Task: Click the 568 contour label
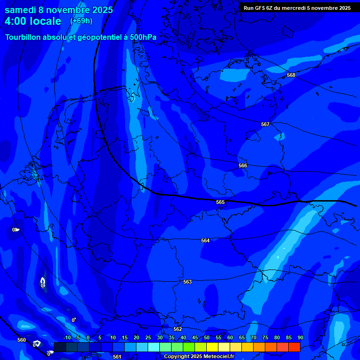291,75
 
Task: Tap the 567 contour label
265,124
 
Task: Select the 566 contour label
243,165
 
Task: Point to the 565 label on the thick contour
220,202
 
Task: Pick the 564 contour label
205,240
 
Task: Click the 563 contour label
187,282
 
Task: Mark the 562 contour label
178,329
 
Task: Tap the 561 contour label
117,357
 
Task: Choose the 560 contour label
22,340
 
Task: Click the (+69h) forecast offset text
81,21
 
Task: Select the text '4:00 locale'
33,21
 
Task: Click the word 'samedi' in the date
20,9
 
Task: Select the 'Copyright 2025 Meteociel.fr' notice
199,357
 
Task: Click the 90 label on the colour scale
300,337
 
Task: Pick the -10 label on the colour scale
66,337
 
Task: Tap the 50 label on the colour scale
206,337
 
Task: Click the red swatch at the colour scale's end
294,347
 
